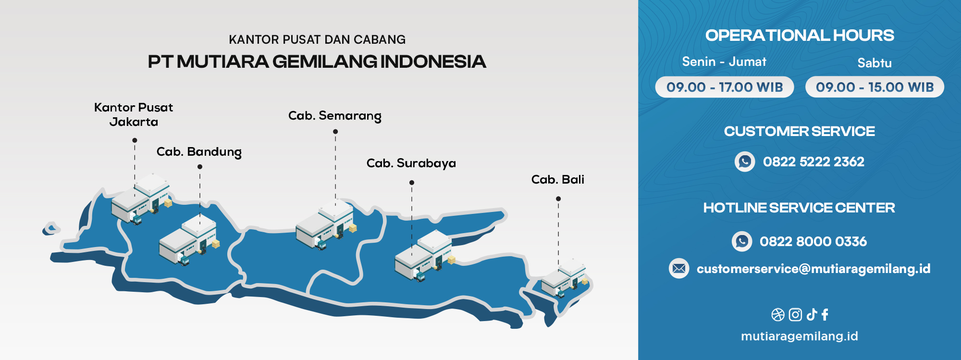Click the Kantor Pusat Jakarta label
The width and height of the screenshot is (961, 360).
[134, 114]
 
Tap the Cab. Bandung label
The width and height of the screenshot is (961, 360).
[199, 152]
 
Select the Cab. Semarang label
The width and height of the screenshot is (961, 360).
[335, 116]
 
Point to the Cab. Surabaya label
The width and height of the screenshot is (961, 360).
[411, 163]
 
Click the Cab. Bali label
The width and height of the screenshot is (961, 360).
[558, 179]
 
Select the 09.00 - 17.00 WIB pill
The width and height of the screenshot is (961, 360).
[725, 87]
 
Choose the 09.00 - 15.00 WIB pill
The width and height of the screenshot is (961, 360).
[875, 87]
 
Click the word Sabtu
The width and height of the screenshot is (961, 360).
[875, 63]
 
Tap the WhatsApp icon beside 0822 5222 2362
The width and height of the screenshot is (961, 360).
[745, 161]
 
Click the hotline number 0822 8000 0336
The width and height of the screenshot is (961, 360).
[813, 241]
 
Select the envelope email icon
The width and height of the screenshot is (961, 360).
[679, 269]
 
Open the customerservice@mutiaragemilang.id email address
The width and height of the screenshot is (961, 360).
[813, 269]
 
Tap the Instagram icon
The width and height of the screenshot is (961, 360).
[795, 315]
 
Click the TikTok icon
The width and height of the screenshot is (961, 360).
[812, 315]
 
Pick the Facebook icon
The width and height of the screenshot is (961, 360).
[825, 315]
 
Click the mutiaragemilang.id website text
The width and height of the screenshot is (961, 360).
[800, 336]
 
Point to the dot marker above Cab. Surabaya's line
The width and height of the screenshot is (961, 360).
[412, 183]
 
